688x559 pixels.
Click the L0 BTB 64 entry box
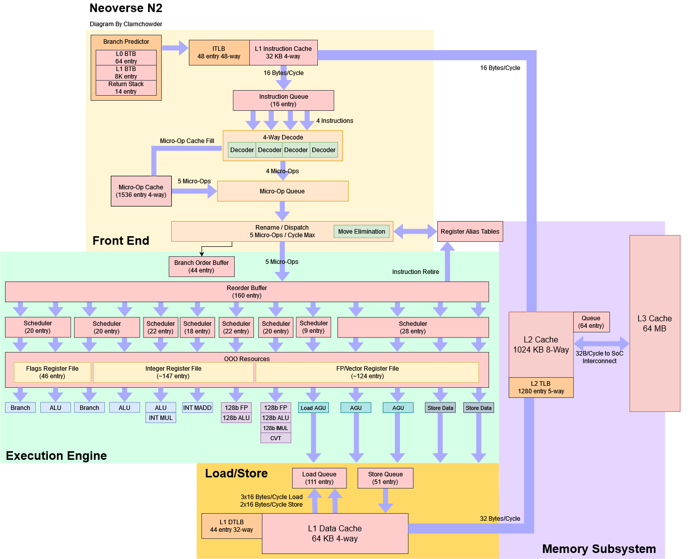(126, 57)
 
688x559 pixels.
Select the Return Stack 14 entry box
(126, 88)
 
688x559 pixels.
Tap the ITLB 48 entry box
(219, 53)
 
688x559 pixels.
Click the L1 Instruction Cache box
(283, 53)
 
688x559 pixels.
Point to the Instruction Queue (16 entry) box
(283, 100)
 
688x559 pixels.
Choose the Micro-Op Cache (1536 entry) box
(141, 191)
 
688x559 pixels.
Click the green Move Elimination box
(361, 232)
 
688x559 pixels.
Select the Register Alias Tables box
(470, 232)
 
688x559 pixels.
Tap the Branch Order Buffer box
(201, 266)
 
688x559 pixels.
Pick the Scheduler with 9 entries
(314, 327)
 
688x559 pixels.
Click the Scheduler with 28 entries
(413, 327)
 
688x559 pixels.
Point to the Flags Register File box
(52, 372)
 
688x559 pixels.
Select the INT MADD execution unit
(197, 407)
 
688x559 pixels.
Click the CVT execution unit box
(276, 438)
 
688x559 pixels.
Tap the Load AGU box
(313, 408)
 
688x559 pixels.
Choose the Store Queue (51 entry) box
(385, 478)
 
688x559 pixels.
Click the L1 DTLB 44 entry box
(232, 526)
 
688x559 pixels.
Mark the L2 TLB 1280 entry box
(541, 387)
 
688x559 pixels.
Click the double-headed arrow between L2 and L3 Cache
(601, 343)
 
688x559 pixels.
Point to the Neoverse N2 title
(126, 8)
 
